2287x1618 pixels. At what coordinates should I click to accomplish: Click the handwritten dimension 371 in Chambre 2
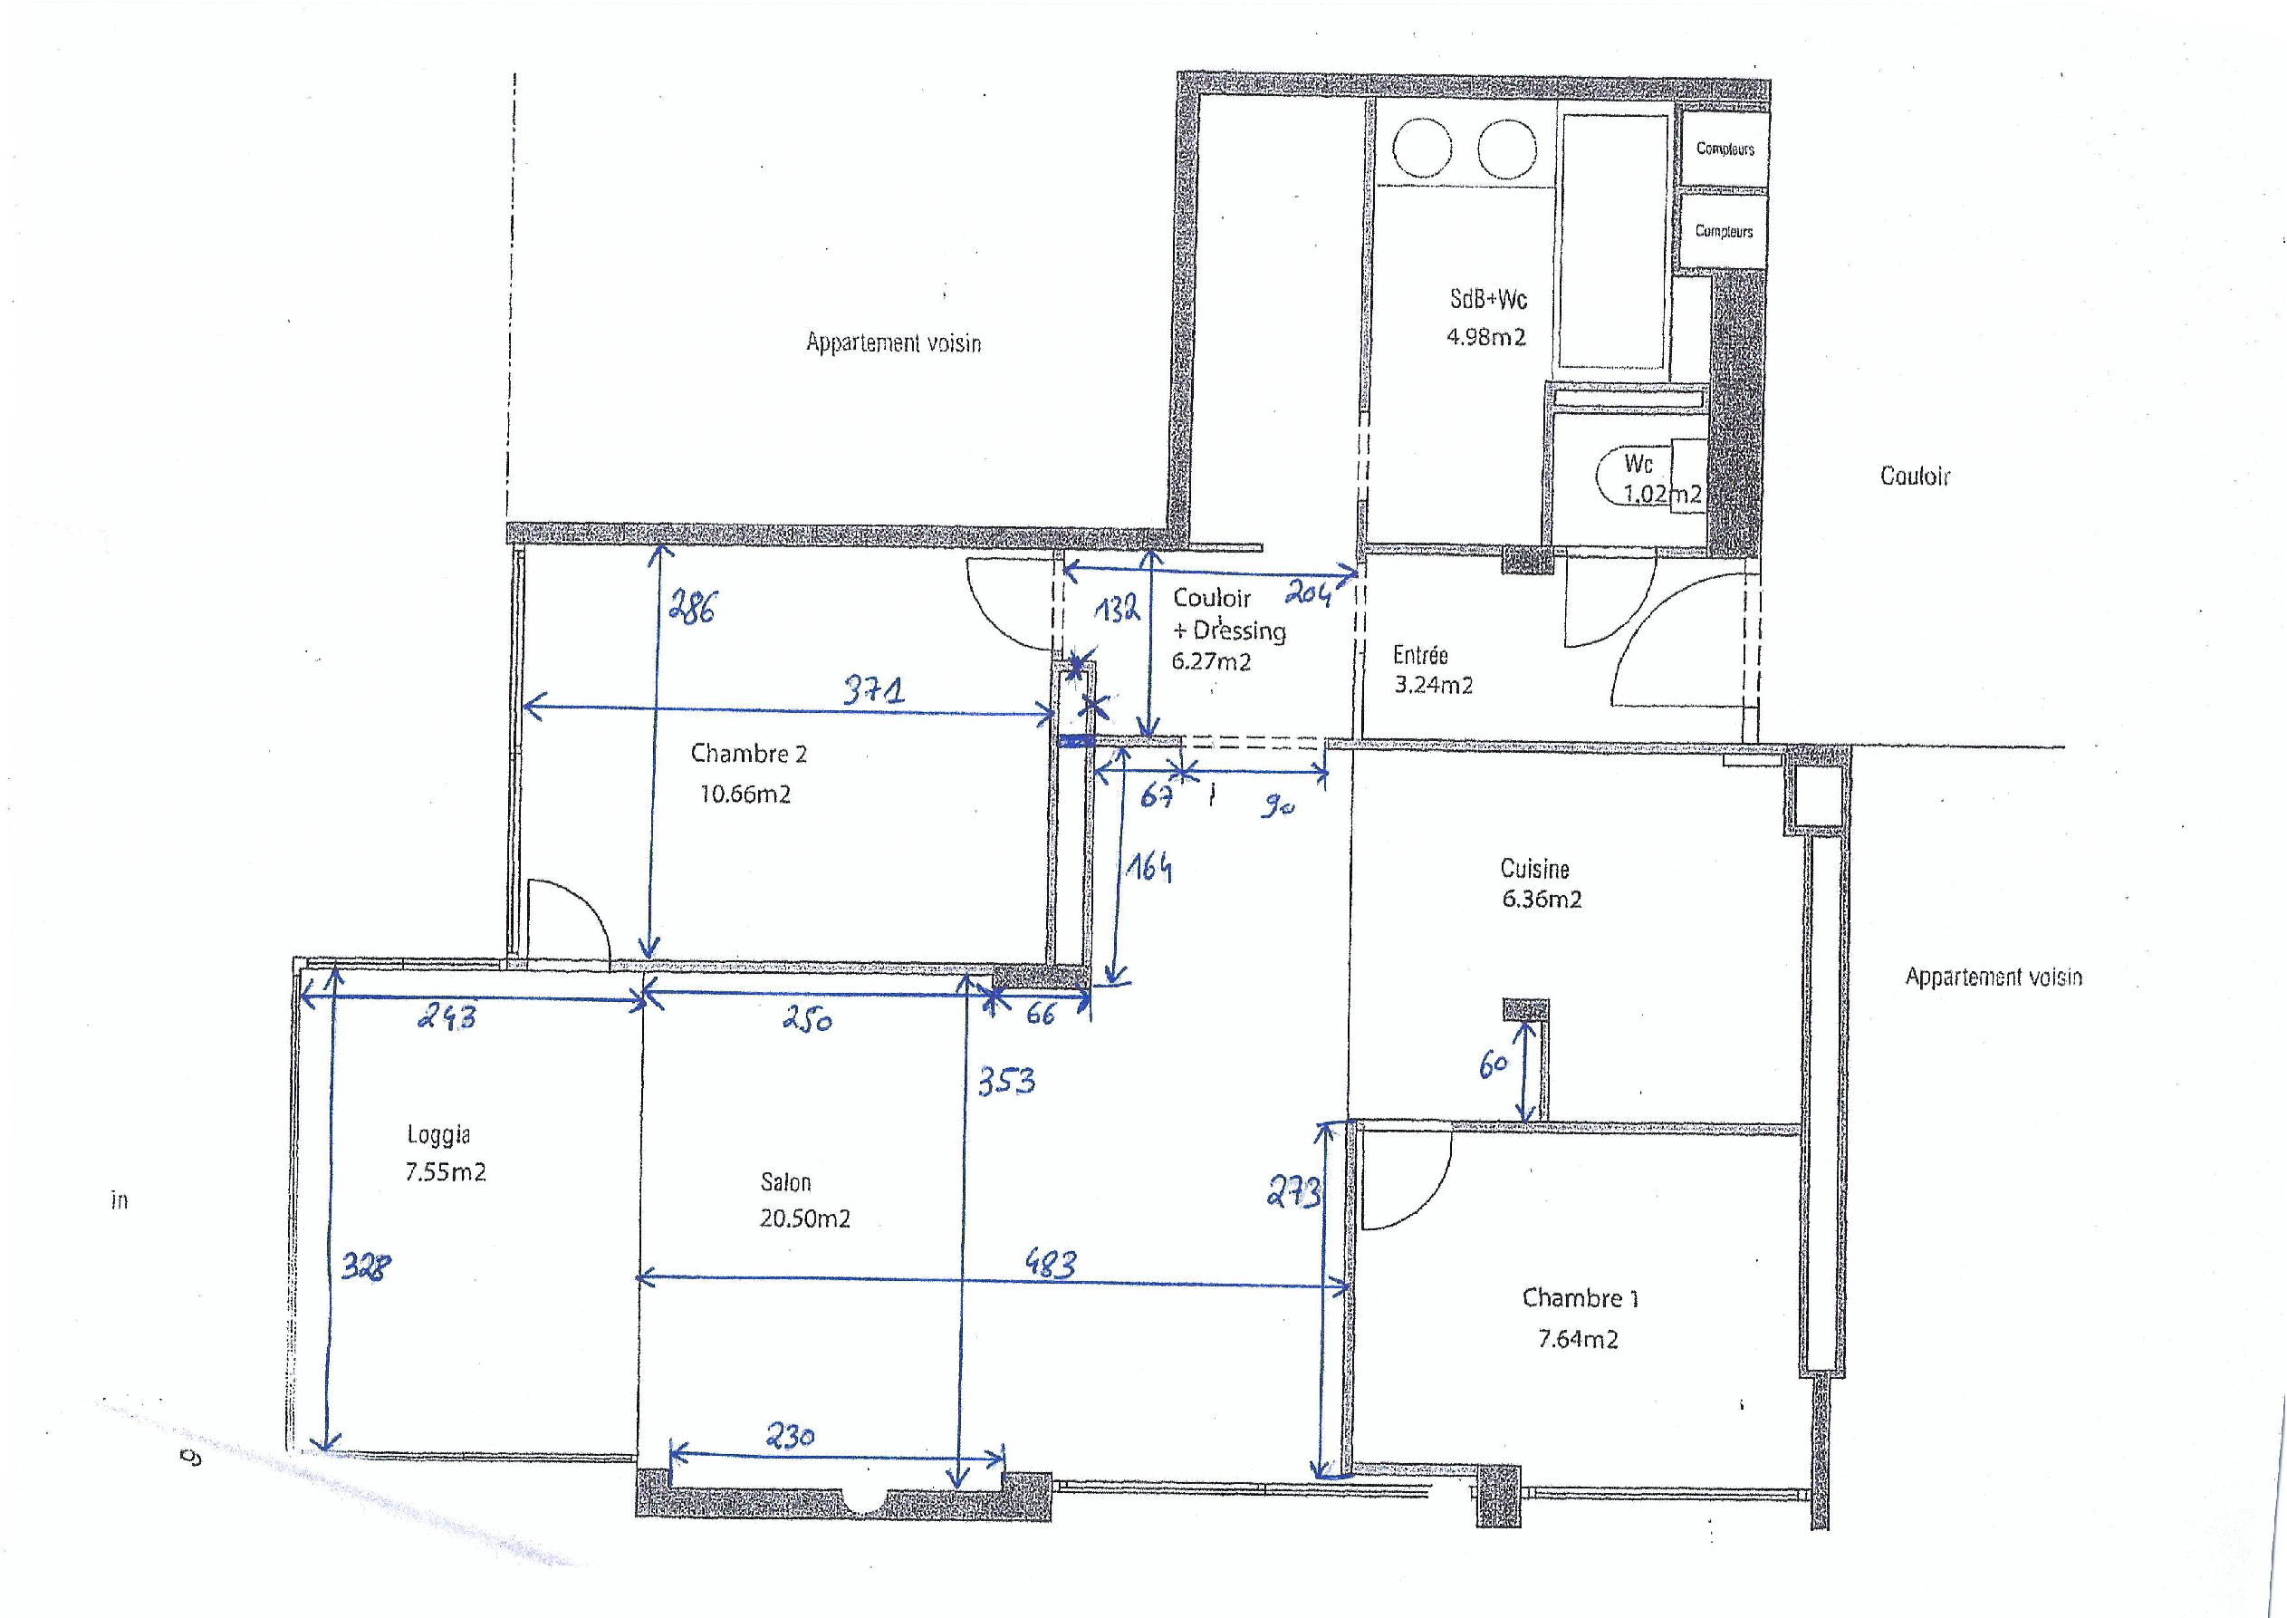873,689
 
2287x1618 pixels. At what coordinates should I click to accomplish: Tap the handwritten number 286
691,606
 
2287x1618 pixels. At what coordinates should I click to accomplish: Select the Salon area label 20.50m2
805,1218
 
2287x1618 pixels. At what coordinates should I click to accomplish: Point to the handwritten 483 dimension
1051,1263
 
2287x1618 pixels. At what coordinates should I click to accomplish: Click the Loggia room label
438,1134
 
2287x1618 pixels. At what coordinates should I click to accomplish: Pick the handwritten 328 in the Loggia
366,1266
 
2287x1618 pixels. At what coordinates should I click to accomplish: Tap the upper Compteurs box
1725,149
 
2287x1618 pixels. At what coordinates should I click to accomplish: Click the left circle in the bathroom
1421,149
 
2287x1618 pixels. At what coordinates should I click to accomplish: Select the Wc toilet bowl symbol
1634,476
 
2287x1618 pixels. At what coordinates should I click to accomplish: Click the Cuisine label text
1534,869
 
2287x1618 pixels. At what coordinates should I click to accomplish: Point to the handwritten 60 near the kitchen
1494,1065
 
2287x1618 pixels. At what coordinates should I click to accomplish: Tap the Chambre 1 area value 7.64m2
1578,1339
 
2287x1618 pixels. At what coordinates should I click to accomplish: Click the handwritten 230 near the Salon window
790,1436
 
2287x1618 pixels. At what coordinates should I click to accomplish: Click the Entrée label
1419,655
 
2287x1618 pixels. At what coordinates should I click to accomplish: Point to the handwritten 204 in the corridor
1307,595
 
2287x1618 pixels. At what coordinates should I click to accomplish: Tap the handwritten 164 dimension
1148,868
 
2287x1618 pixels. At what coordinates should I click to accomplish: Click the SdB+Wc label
1488,299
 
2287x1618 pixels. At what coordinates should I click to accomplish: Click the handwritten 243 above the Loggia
447,1016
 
